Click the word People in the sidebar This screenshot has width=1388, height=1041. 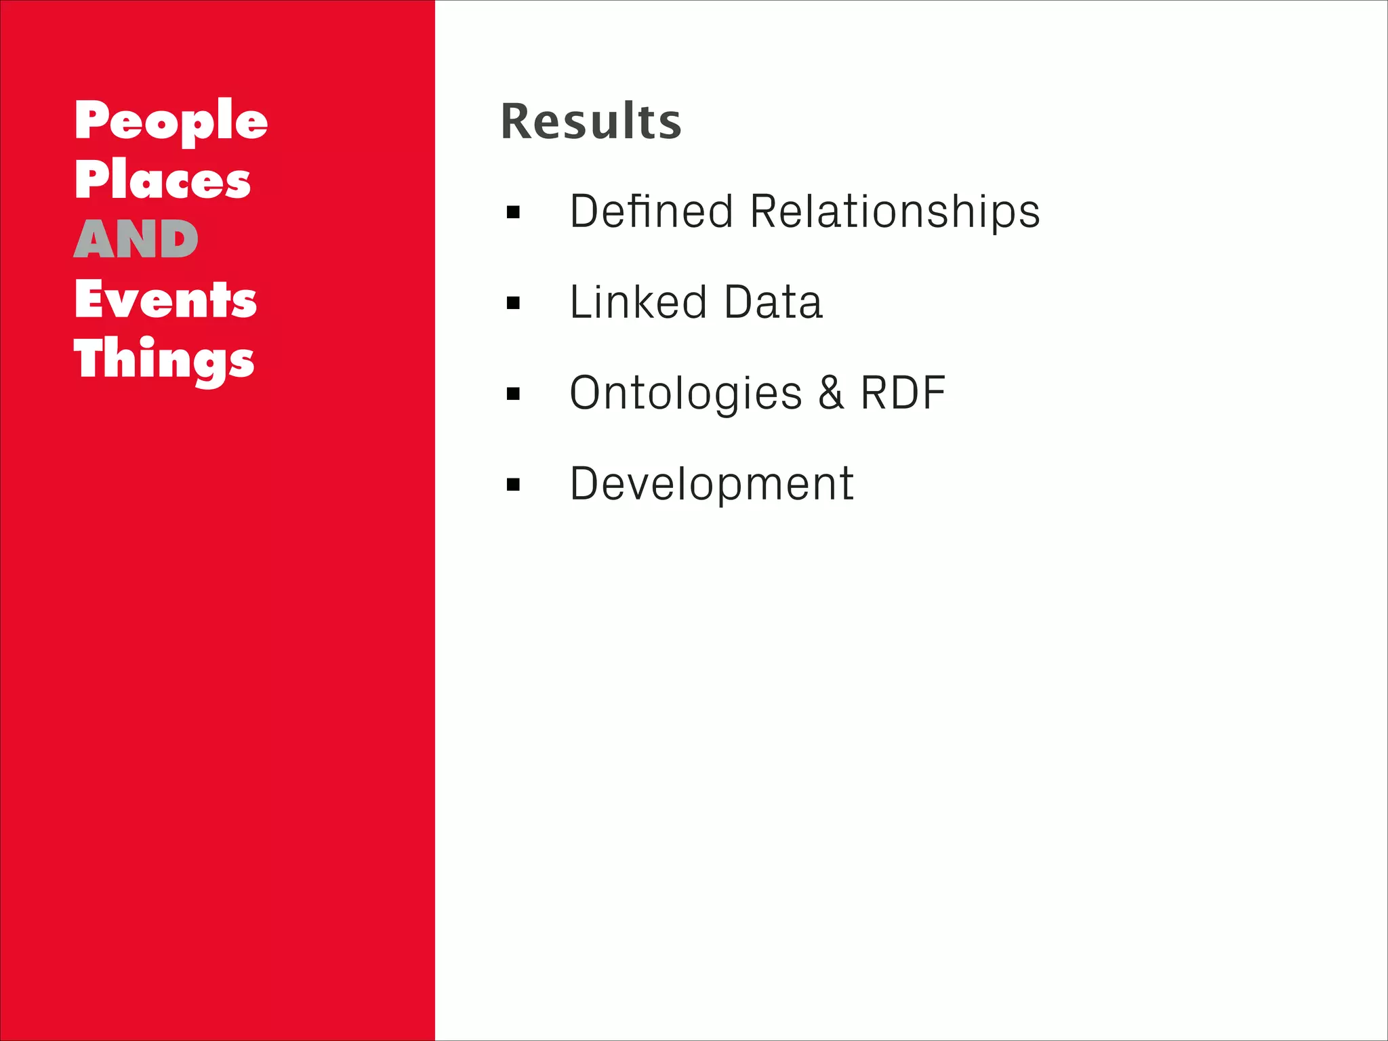[171, 122]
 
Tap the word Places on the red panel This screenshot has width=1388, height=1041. [163, 180]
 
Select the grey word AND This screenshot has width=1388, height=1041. [136, 240]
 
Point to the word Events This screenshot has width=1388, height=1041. [165, 300]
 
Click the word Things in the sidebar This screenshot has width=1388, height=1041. [164, 360]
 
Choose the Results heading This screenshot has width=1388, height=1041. [590, 122]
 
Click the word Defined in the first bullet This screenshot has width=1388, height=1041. [651, 211]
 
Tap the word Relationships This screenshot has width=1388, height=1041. [895, 211]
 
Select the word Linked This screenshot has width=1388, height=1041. [638, 302]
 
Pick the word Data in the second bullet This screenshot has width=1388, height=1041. [773, 302]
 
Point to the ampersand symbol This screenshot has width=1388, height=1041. [832, 393]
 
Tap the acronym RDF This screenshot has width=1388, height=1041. [903, 393]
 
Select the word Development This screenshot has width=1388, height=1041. [712, 484]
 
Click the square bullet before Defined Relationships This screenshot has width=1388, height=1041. [513, 213]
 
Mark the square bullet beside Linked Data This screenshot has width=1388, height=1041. [513, 303]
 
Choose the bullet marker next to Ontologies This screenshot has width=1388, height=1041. [513, 394]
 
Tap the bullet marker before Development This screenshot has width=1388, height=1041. [513, 485]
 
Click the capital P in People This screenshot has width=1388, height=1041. [92, 120]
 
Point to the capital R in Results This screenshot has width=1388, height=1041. [518, 122]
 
